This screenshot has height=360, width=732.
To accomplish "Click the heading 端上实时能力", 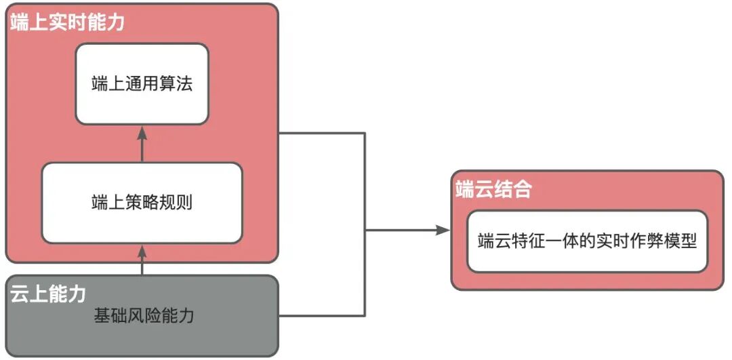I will tap(67, 22).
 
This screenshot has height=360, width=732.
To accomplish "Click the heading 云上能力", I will tap(48, 294).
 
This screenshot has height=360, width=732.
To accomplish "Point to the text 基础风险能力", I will tap(144, 315).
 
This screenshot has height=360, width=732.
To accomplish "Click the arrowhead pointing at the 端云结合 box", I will tap(444, 231).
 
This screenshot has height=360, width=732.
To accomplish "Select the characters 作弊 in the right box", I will tap(637, 241).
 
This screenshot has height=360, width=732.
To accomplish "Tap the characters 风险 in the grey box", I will tap(144, 315).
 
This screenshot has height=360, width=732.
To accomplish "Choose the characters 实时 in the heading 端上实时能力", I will tap(67, 22).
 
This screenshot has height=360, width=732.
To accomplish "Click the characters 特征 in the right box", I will tap(535, 241).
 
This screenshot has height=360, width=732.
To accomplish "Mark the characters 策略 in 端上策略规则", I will tap(142, 202).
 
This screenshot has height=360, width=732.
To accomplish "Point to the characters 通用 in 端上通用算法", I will tap(142, 83).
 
